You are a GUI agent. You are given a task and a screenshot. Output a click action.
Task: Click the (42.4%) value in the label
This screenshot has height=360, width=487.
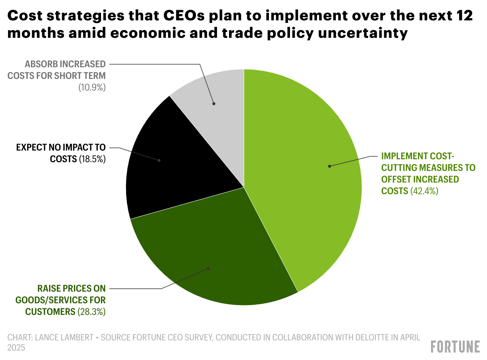click(424, 191)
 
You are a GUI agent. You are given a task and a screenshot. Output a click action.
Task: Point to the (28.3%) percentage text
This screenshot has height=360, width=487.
click(91, 312)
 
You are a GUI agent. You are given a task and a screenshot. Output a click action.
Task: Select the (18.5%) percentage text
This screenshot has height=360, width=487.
click(92, 159)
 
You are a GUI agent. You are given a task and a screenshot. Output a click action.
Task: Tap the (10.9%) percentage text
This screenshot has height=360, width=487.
click(92, 88)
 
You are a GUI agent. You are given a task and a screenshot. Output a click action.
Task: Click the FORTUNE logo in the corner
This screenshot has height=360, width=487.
click(455, 347)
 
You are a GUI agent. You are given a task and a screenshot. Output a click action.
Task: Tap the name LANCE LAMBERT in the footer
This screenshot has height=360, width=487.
click(64, 337)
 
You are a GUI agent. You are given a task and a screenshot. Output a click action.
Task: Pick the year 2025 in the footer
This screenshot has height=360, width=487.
click(16, 348)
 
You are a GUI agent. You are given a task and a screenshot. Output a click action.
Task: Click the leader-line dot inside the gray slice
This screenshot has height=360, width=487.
click(214, 104)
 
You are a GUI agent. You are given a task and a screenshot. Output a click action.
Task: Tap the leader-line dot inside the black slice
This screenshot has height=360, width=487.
click(159, 160)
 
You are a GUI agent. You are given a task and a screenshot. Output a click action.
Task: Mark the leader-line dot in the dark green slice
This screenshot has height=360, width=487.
click(209, 269)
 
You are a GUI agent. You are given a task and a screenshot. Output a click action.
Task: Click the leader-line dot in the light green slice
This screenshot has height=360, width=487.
click(330, 166)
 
